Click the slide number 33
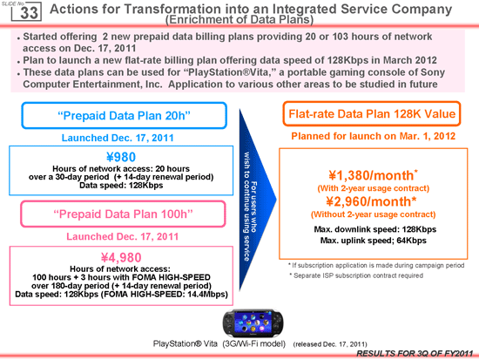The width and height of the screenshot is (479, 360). (29, 13)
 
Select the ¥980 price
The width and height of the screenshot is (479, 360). (121, 157)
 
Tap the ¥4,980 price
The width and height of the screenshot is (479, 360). (121, 257)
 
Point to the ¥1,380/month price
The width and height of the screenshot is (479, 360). (374, 175)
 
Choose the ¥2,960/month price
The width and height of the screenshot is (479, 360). (372, 201)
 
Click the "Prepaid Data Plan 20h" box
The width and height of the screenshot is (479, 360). (124, 116)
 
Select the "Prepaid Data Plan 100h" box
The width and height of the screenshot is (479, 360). (123, 214)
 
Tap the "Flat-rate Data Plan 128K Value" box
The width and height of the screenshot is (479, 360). (372, 114)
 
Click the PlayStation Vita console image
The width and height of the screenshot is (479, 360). (253, 323)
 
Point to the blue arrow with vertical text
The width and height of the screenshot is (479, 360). (256, 200)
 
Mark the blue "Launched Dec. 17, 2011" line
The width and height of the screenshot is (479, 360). (118, 138)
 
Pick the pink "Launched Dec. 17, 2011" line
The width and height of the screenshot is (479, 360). (123, 236)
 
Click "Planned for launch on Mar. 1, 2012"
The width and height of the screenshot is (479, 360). (374, 136)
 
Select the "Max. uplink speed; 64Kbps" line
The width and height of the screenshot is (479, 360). (374, 241)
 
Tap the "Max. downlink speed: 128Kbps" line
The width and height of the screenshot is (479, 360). (375, 229)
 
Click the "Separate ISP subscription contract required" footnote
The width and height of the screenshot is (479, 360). (356, 275)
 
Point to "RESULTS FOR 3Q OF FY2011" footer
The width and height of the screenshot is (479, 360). (415, 354)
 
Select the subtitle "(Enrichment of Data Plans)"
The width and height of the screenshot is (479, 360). (239, 19)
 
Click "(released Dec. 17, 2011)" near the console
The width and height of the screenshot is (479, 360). (330, 344)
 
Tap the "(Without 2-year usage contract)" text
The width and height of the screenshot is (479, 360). (374, 214)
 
